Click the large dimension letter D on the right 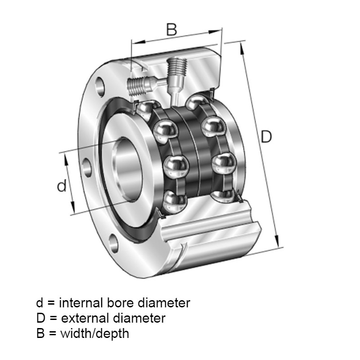pyautogui.click(x=266, y=136)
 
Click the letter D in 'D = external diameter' pyautogui.click(x=41, y=319)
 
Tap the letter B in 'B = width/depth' pyautogui.click(x=40, y=334)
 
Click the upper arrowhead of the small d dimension pyautogui.click(x=65, y=156)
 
